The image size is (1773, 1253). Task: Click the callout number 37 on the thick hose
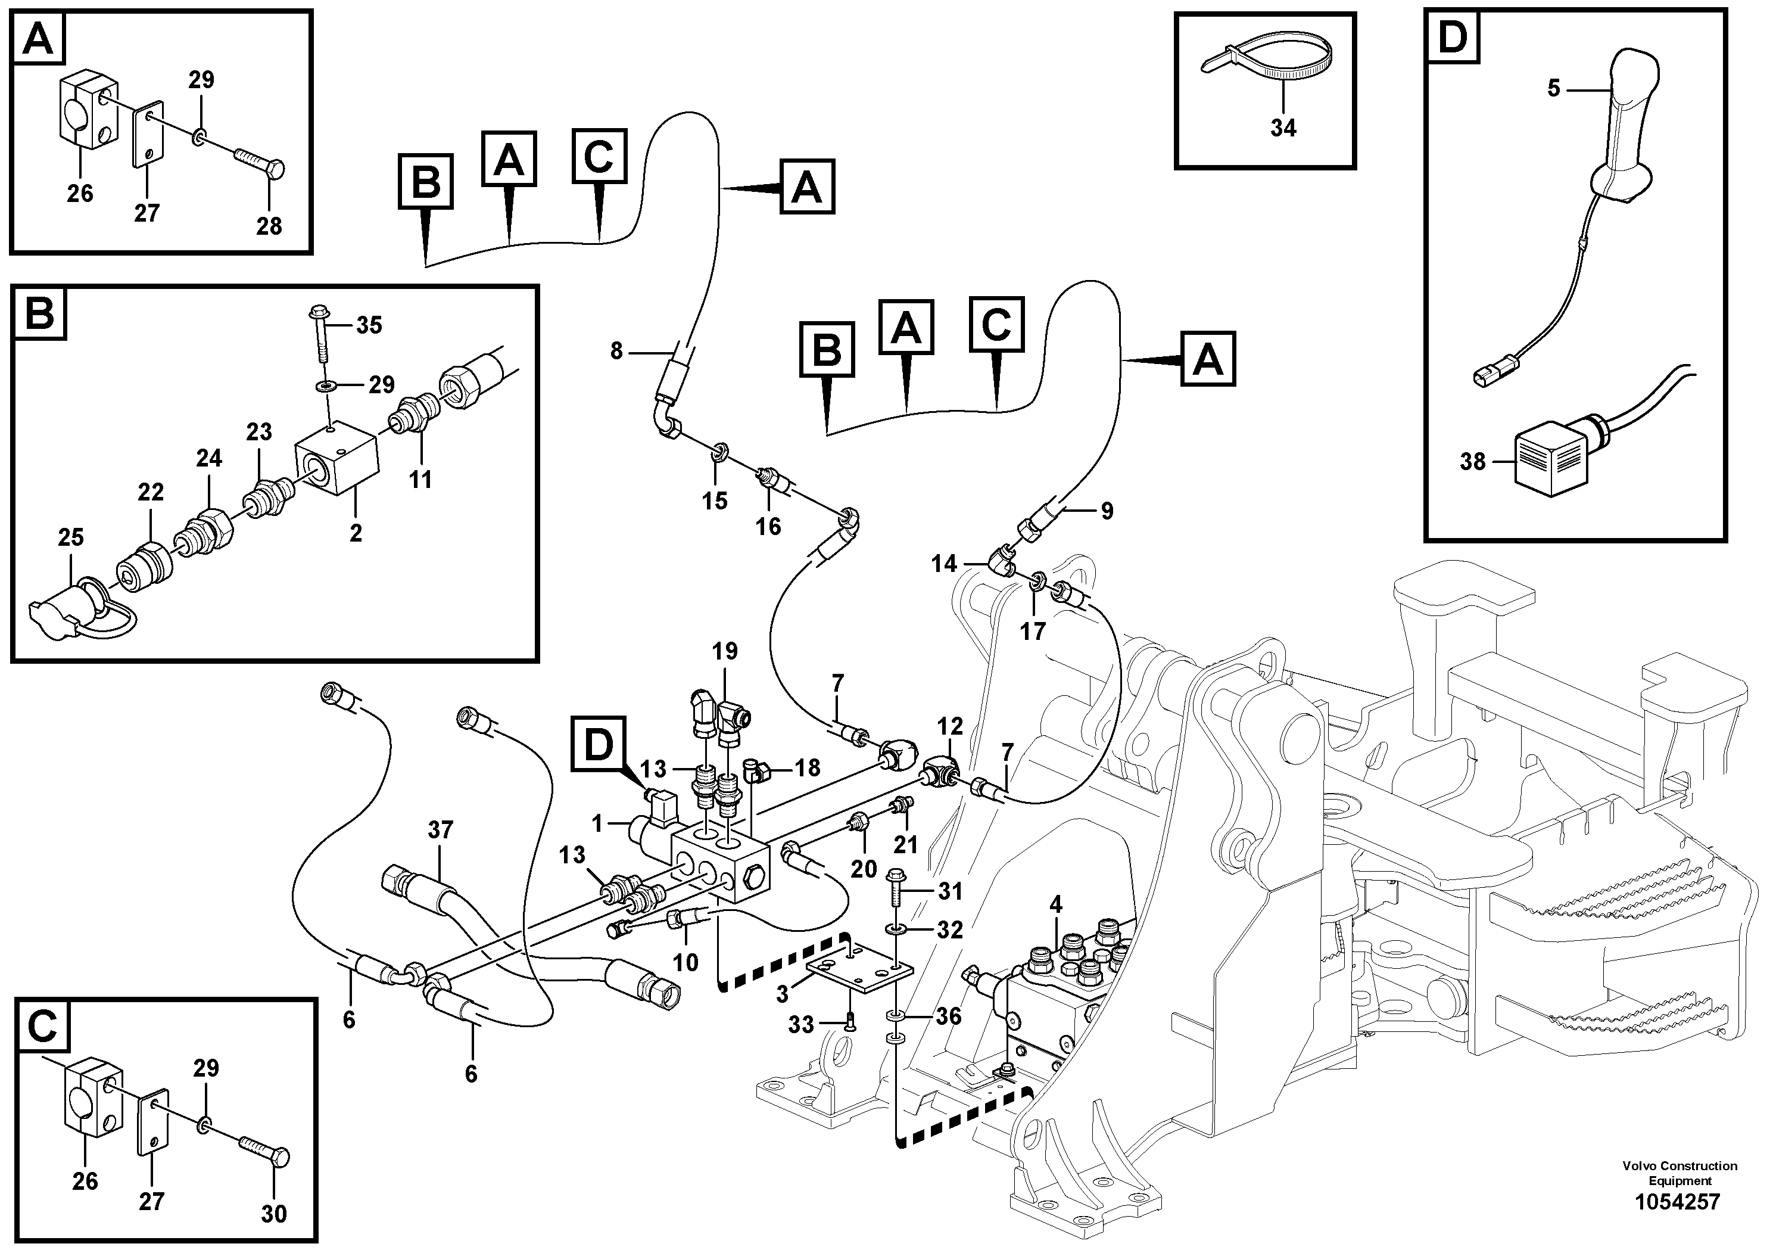pyautogui.click(x=440, y=831)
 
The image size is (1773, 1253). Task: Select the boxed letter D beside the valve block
pyautogui.click(x=599, y=744)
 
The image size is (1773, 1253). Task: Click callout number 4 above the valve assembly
pyautogui.click(x=1055, y=903)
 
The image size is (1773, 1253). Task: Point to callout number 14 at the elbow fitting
pyautogui.click(x=943, y=563)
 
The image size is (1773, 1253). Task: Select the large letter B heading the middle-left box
pyautogui.click(x=39, y=313)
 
